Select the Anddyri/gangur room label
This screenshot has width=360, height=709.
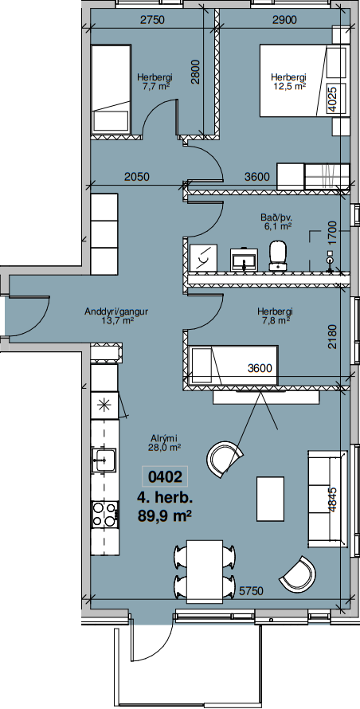117,316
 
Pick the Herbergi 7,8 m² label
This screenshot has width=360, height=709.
275,316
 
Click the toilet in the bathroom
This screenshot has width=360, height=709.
280,256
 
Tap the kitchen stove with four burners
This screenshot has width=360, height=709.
104,515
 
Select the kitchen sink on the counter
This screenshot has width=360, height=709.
104,460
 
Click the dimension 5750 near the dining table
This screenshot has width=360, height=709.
252,591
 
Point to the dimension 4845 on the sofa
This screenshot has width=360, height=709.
332,499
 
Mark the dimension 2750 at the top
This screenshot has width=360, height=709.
151,19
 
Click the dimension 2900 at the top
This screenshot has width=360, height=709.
285,19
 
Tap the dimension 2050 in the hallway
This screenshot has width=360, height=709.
137,177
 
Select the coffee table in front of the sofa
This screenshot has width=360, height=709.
271,499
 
